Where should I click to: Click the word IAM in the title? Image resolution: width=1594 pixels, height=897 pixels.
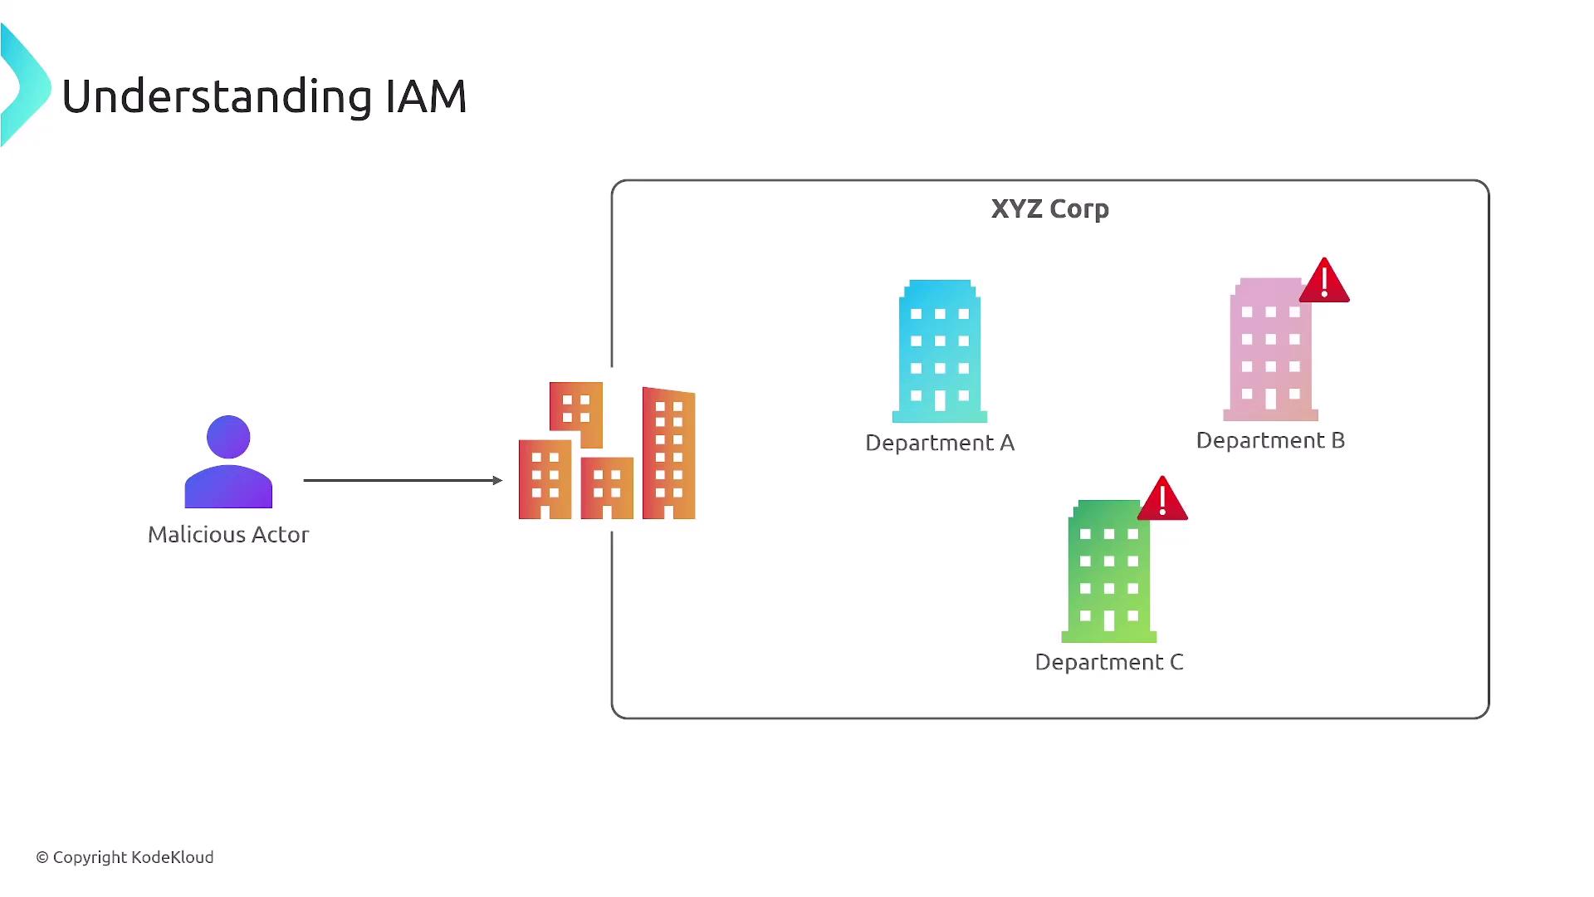(426, 96)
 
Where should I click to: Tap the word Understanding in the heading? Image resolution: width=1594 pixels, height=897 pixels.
(217, 98)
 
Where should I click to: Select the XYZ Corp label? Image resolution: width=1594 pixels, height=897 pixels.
(1049, 208)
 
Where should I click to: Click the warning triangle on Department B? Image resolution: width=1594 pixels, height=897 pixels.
(1324, 282)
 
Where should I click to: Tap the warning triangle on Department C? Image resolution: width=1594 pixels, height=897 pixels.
(1162, 500)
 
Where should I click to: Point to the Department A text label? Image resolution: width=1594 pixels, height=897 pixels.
(940, 443)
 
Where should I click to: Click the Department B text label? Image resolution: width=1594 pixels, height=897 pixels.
(1270, 440)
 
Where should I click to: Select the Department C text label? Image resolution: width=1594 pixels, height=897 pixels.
(1109, 662)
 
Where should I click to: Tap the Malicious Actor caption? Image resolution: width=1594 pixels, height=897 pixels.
(228, 534)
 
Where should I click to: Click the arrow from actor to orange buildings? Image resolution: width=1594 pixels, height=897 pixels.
(403, 480)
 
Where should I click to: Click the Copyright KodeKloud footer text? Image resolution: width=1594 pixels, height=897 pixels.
(133, 857)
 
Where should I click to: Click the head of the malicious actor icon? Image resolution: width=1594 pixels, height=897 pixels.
(228, 437)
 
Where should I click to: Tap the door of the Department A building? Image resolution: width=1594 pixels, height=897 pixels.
(940, 401)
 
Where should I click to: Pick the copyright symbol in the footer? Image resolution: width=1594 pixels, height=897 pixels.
(42, 857)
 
